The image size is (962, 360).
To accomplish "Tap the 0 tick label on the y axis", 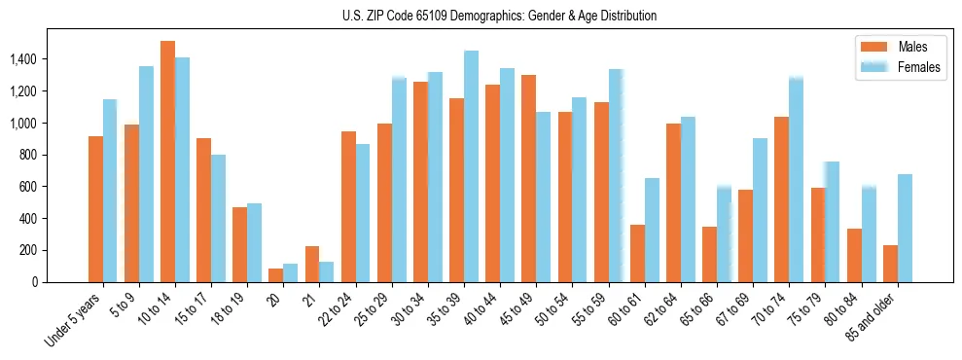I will click(x=34, y=282).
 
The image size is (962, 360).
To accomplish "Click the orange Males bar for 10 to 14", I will click(x=167, y=162).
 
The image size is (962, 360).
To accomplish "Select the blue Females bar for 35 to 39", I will click(x=471, y=166).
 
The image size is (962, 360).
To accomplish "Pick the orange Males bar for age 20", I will click(x=275, y=275).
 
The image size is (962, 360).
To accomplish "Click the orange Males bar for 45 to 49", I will click(x=528, y=178).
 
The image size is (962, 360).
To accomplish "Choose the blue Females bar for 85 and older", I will click(x=905, y=228).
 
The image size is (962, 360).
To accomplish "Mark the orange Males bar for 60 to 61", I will click(x=637, y=253).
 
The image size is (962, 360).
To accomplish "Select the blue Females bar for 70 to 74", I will click(x=796, y=179).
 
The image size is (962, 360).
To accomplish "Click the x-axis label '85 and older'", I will click(x=873, y=317).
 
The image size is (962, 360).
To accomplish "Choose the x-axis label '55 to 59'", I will click(x=590, y=309).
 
